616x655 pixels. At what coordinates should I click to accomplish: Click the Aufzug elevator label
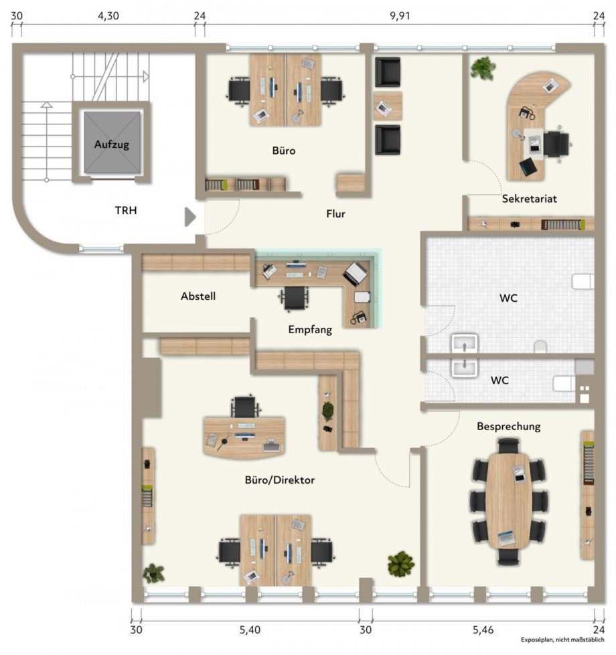click(x=111, y=144)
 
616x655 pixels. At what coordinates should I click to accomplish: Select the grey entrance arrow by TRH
click(x=190, y=216)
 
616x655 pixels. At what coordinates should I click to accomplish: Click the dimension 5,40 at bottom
click(x=250, y=630)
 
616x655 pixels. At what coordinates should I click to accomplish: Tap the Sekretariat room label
click(x=529, y=199)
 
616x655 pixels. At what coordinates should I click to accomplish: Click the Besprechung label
click(x=508, y=426)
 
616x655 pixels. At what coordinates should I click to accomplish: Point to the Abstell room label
click(x=198, y=296)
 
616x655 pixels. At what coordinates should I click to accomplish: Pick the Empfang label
click(x=310, y=329)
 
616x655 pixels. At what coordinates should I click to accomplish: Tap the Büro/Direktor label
click(x=279, y=480)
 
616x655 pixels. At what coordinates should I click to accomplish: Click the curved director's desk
click(x=244, y=437)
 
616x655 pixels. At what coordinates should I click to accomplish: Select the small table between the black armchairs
click(x=388, y=106)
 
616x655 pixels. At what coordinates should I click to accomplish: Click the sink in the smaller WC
click(x=464, y=367)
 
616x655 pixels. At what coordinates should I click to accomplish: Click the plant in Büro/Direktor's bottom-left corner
click(x=153, y=573)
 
